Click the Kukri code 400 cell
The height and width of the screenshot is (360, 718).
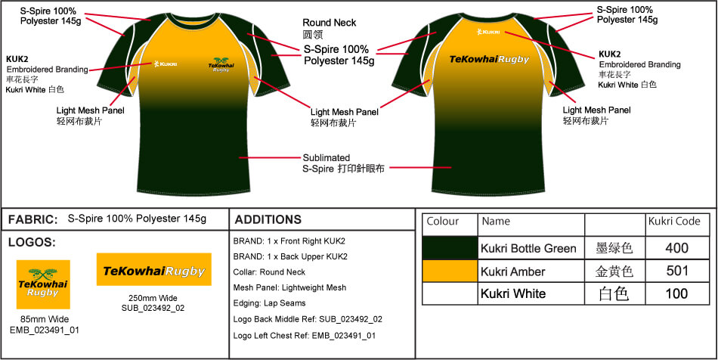tap(677, 248)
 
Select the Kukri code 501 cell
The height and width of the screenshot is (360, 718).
tap(677, 271)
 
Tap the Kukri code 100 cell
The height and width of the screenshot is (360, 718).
tap(677, 293)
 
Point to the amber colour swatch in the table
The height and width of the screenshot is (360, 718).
tap(450, 271)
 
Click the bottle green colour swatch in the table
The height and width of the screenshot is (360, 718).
tap(450, 248)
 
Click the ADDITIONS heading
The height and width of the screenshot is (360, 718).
tap(268, 220)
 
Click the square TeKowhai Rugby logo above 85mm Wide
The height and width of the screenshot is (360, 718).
tap(44, 284)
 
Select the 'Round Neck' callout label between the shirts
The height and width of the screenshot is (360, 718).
tap(329, 23)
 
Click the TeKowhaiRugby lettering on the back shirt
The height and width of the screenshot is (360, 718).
tap(489, 59)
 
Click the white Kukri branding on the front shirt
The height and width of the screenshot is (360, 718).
tap(163, 64)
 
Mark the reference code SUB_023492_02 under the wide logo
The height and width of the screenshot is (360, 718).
tap(153, 308)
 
